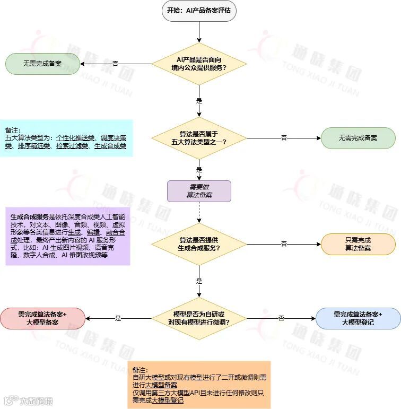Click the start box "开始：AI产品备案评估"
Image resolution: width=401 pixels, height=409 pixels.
[199, 10]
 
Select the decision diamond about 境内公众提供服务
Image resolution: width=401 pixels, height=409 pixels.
[199, 64]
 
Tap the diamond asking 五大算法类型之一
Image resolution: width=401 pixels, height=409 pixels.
[199, 137]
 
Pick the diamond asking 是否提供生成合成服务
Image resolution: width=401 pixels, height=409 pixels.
[199, 243]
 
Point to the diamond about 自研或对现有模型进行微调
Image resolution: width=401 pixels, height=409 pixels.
[199, 318]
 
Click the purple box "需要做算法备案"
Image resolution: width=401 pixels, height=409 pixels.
[199, 191]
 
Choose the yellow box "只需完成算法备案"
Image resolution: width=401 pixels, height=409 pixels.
[358, 244]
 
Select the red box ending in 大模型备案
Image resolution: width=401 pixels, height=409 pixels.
[42, 318]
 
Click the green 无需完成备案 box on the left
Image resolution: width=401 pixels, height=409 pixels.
[42, 64]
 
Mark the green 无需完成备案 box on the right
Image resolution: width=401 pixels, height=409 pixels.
[358, 138]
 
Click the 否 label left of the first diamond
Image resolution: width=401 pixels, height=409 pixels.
[115, 64]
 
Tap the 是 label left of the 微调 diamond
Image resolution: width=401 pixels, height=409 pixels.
[118, 318]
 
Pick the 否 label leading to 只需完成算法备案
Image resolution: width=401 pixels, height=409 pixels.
[284, 244]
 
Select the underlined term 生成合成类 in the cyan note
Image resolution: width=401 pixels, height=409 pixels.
[110, 145]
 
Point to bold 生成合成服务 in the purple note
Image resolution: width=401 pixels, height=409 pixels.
[29, 217]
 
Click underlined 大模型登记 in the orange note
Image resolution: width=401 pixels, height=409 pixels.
[167, 401]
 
